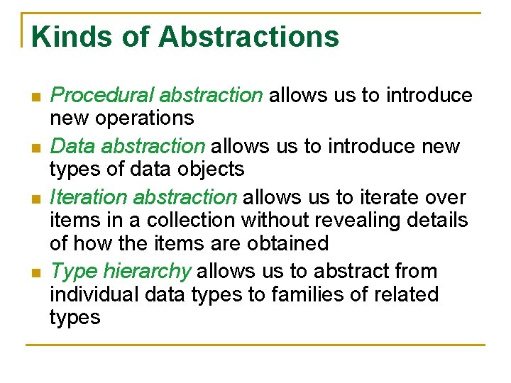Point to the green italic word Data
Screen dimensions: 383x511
pos(73,147)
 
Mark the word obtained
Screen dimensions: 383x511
pos(287,243)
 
